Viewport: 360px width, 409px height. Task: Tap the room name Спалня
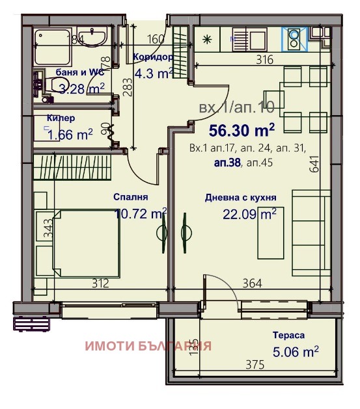pyautogui.click(x=131, y=197)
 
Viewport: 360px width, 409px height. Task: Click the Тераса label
pyautogui.click(x=289, y=336)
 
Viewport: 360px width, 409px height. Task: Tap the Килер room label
pyautogui.click(x=61, y=118)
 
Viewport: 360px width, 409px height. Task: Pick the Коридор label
pyautogui.click(x=153, y=57)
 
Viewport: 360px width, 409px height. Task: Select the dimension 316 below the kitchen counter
pyautogui.click(x=264, y=60)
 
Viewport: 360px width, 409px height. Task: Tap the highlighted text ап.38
pyautogui.click(x=225, y=164)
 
